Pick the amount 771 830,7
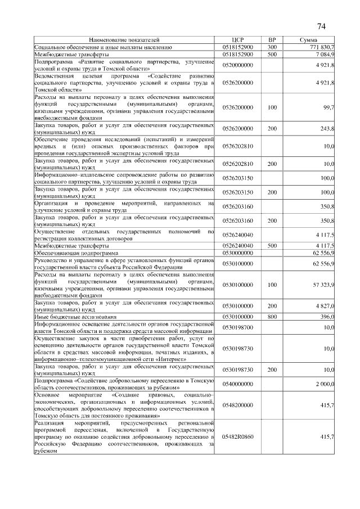tap(322, 47)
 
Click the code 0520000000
tap(238, 65)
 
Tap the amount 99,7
tap(328, 107)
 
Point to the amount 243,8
tap(327, 128)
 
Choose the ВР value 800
tap(272, 317)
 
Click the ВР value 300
tap(272, 47)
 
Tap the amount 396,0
tap(327, 317)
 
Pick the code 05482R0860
tap(238, 436)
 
